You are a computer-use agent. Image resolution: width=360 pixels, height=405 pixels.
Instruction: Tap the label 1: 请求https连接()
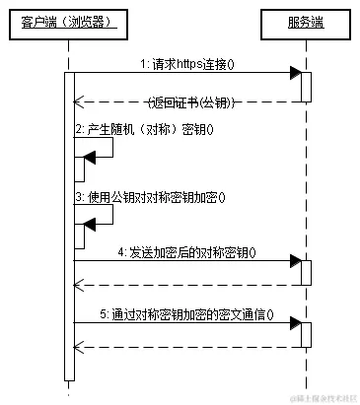pos(194,63)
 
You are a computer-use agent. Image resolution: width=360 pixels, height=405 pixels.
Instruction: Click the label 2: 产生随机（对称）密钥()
pos(144,129)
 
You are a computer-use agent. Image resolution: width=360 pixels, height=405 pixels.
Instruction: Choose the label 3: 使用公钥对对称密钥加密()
pos(150,196)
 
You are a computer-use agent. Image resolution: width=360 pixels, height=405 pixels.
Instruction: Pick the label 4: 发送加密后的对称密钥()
pos(186,251)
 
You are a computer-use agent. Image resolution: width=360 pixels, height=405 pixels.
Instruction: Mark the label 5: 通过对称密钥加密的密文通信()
pos(188,315)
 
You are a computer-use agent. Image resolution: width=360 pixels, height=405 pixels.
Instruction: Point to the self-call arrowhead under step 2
pos(89,157)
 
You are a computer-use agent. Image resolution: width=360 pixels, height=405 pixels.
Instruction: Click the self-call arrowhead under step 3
pos(89,225)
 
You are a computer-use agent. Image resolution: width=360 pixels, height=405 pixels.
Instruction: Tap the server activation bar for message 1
pos(306,87)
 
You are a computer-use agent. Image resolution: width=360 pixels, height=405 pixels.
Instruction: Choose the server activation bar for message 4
pos(306,273)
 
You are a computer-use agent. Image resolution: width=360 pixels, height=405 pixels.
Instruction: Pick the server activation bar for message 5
pos(306,335)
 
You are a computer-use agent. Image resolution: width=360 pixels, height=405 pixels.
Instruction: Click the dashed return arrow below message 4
pos(187,286)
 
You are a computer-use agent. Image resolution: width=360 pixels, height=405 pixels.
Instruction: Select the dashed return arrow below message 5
pos(187,347)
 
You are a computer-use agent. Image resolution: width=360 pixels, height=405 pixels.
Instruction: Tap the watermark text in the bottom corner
pos(322,397)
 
